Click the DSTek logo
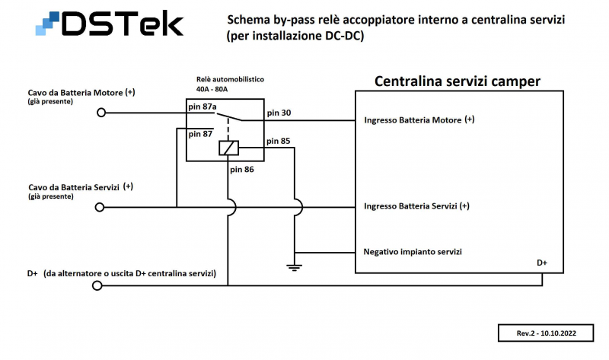click(110, 24)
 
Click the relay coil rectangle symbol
click(229, 148)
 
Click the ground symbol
click(295, 266)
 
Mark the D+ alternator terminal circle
click(97, 286)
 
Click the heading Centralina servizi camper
click(457, 81)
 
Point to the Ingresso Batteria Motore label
click(419, 119)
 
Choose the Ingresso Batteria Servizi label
click(416, 206)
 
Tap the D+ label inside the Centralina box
click(542, 263)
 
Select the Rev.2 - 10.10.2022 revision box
click(545, 333)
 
